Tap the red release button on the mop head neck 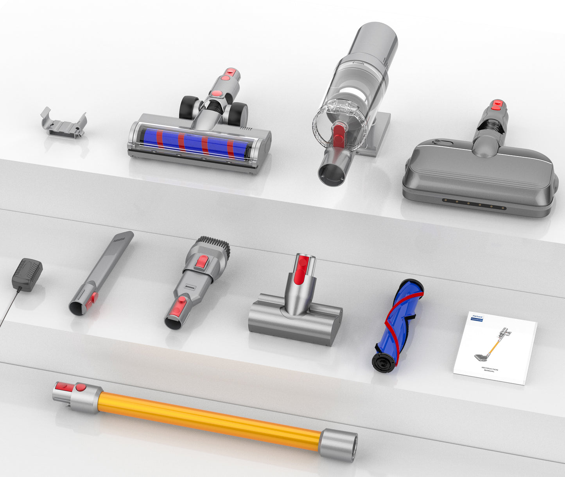coord(497,105)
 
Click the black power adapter coord(27,274)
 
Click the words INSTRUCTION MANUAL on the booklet coord(490,370)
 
